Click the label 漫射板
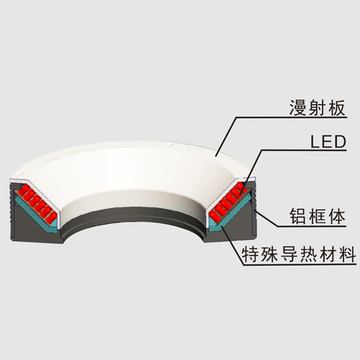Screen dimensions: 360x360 (x=318, y=108)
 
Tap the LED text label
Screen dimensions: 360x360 (x=328, y=142)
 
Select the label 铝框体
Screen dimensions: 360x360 (x=318, y=216)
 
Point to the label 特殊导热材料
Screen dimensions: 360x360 (x=299, y=254)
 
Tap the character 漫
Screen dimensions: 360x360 (x=297, y=108)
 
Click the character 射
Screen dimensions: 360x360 (x=318, y=108)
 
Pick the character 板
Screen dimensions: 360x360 (x=337, y=108)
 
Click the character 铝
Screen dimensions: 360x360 (x=298, y=216)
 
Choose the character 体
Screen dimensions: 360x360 (x=337, y=216)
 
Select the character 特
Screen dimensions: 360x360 (x=251, y=254)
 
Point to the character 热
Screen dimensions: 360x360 (x=309, y=254)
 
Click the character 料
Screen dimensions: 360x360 (x=348, y=254)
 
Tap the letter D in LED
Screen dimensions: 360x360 (x=341, y=142)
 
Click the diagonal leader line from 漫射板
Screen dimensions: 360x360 (x=226, y=137)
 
